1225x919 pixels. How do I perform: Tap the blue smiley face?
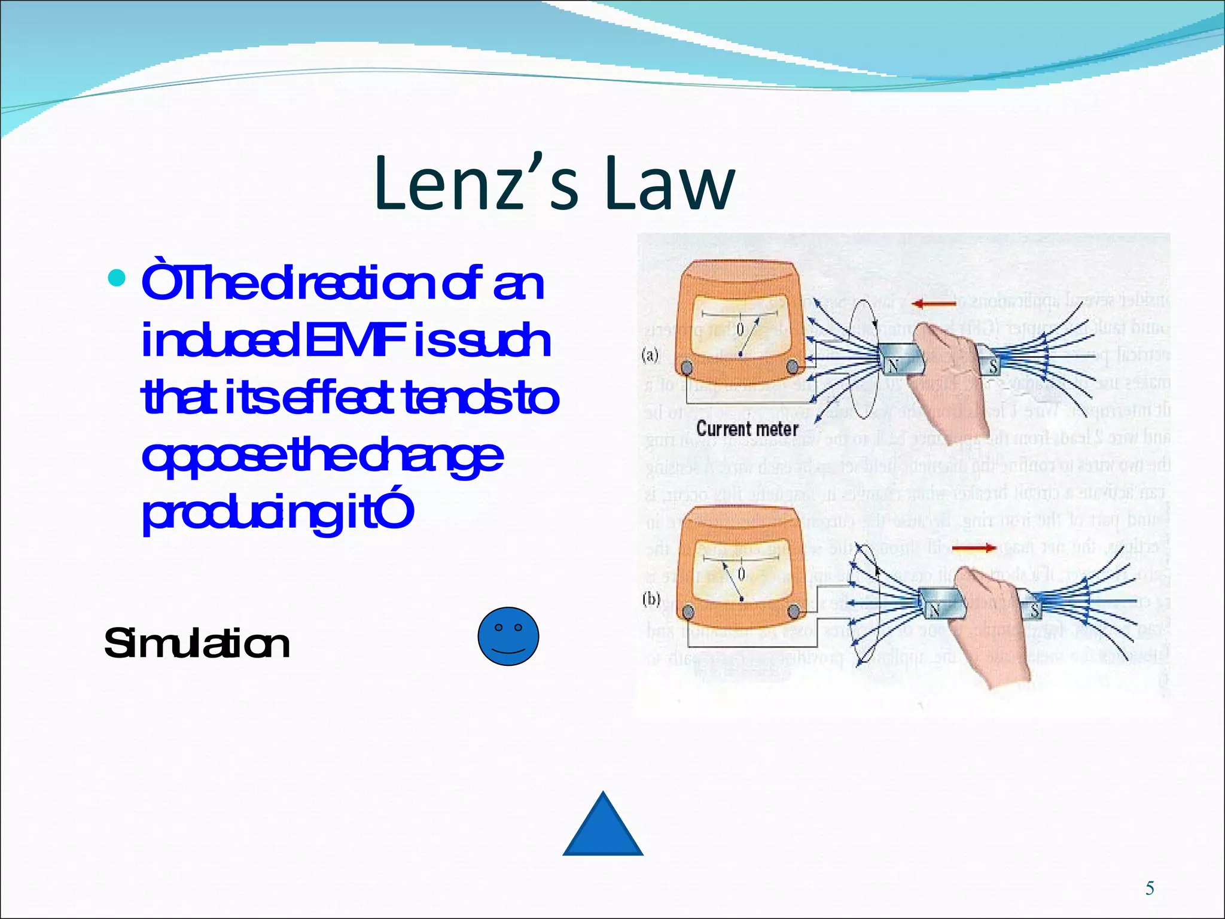click(x=508, y=636)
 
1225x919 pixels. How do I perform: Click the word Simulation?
click(x=197, y=644)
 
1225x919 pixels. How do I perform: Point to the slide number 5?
click(x=1150, y=888)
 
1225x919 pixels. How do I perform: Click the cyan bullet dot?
click(x=117, y=278)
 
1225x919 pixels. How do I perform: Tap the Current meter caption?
click(x=747, y=429)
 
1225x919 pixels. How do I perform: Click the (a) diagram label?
click(x=650, y=355)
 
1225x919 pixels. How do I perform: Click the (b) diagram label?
click(x=651, y=599)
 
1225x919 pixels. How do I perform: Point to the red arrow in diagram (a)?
click(x=934, y=305)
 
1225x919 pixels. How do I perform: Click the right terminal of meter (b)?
click(x=794, y=611)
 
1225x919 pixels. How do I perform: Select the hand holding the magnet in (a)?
click(x=945, y=371)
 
